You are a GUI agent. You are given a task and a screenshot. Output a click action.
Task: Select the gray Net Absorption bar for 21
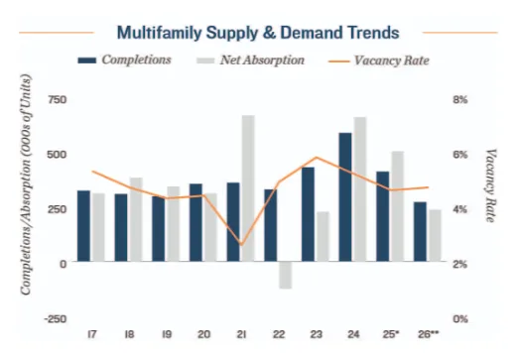point(248,188)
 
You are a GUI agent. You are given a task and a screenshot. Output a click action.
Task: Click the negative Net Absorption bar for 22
point(285,276)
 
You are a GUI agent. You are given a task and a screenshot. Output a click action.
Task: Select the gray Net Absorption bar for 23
point(323,237)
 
